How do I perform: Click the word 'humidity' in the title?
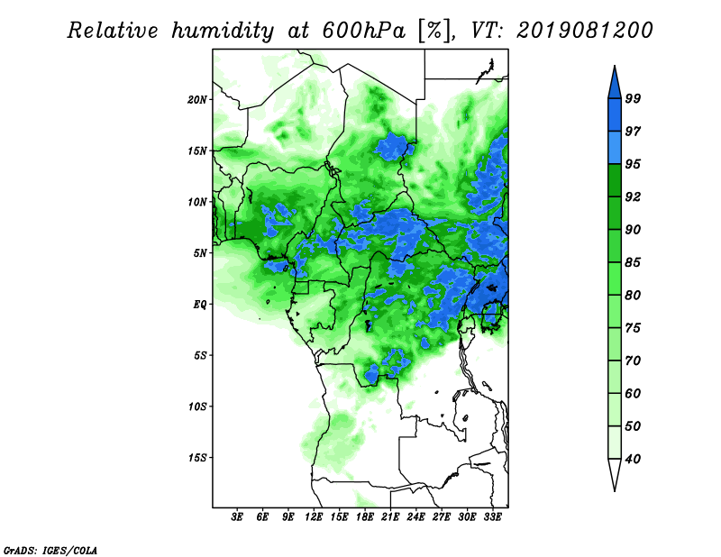223,32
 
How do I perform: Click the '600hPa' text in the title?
364,31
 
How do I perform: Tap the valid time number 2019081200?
585,31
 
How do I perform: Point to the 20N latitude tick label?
197,99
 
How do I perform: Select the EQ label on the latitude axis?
200,304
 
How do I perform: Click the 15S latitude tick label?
197,458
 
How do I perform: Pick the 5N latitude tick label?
200,253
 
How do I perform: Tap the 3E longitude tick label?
237,517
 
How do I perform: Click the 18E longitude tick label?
365,517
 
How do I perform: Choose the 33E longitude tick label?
492,517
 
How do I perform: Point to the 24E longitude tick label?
415,517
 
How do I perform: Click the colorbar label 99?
633,98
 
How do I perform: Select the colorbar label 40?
633,459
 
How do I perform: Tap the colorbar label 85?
633,262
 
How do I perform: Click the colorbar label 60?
633,393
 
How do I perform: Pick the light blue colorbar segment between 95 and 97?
615,148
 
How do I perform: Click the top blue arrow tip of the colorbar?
615,66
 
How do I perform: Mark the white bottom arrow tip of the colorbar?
615,491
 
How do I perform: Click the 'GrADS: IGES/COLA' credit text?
50,550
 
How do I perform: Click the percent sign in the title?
434,31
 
